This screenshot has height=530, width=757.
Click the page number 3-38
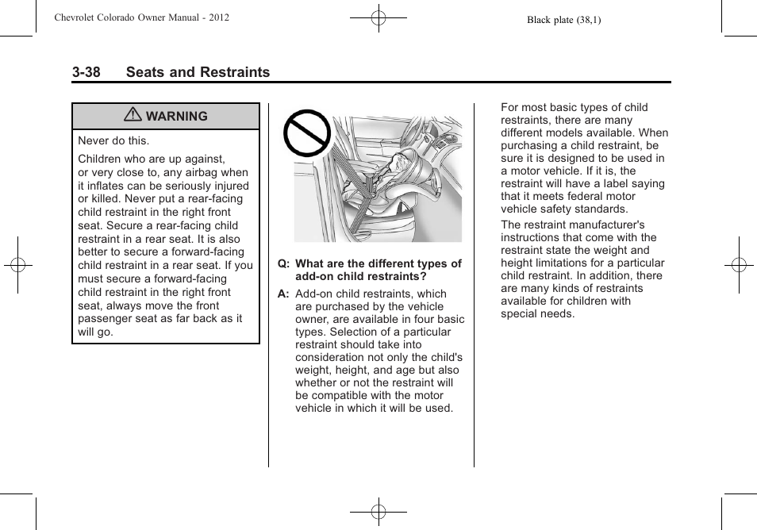tap(86, 72)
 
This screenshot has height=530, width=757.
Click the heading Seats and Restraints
tap(198, 72)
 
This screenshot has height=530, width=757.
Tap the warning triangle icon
tap(133, 116)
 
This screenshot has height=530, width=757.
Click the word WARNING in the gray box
tap(176, 117)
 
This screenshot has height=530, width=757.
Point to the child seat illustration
tap(378, 179)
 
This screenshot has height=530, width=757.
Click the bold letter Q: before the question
tap(282, 263)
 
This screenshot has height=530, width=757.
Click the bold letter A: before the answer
tap(282, 294)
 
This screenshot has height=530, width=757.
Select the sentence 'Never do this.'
tap(113, 140)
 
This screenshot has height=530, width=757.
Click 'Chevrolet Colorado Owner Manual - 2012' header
tap(141, 17)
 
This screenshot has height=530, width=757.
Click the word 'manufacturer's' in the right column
tap(607, 225)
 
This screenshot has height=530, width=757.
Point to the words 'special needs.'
tap(537, 313)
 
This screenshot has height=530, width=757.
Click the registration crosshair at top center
tap(378, 17)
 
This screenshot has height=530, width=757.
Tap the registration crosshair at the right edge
tap(738, 265)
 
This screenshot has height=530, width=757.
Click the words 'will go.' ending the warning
tap(95, 332)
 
